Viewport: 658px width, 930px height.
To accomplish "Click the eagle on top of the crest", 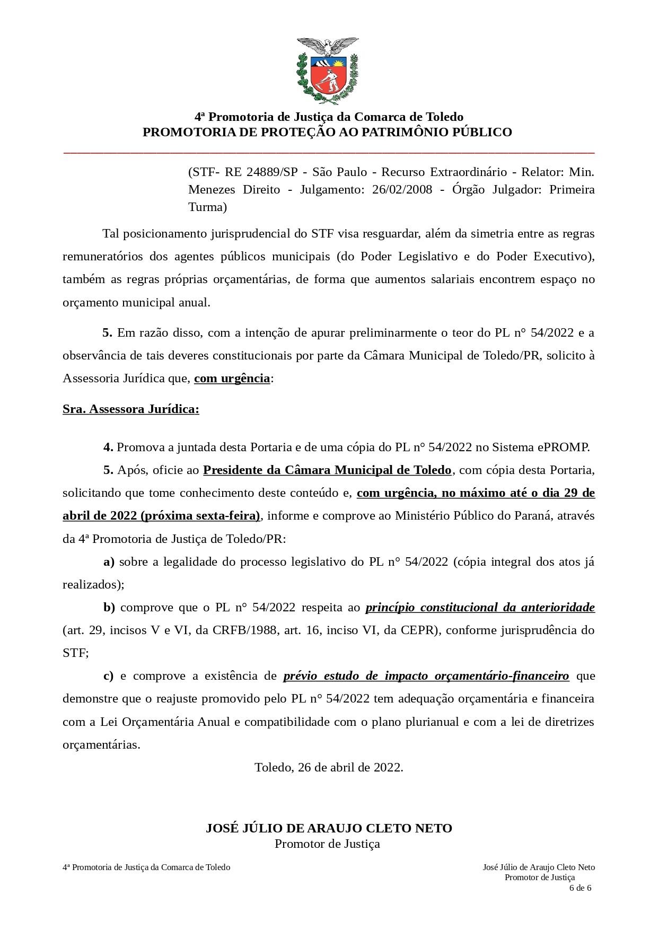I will coord(328,46).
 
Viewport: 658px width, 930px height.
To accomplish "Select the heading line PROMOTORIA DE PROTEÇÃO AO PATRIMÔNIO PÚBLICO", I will coord(327,132).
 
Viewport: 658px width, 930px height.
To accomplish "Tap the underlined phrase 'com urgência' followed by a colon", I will coord(232,379).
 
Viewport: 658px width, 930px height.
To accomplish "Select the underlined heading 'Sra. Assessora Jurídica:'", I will coord(131,409).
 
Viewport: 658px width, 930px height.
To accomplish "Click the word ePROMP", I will coord(563,447).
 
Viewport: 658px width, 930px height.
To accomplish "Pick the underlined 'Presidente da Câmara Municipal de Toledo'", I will coord(327,470).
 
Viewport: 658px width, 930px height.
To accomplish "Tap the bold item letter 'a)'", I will coord(109,562).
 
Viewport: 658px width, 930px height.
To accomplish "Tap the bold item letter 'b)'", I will coord(109,608).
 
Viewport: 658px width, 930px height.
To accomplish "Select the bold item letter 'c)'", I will coord(108,676).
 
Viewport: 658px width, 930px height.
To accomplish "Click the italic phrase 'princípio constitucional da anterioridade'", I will coord(480,608).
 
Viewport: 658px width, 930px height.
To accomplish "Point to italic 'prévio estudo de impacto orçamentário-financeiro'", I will coord(426,676).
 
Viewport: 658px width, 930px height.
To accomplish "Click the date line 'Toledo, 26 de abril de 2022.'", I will coord(329,767).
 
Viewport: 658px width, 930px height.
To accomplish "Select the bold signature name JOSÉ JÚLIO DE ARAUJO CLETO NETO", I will coord(329,828).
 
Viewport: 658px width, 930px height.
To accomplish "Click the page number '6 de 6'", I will coord(580,888).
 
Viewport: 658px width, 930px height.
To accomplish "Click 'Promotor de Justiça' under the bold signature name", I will coord(327,844).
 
